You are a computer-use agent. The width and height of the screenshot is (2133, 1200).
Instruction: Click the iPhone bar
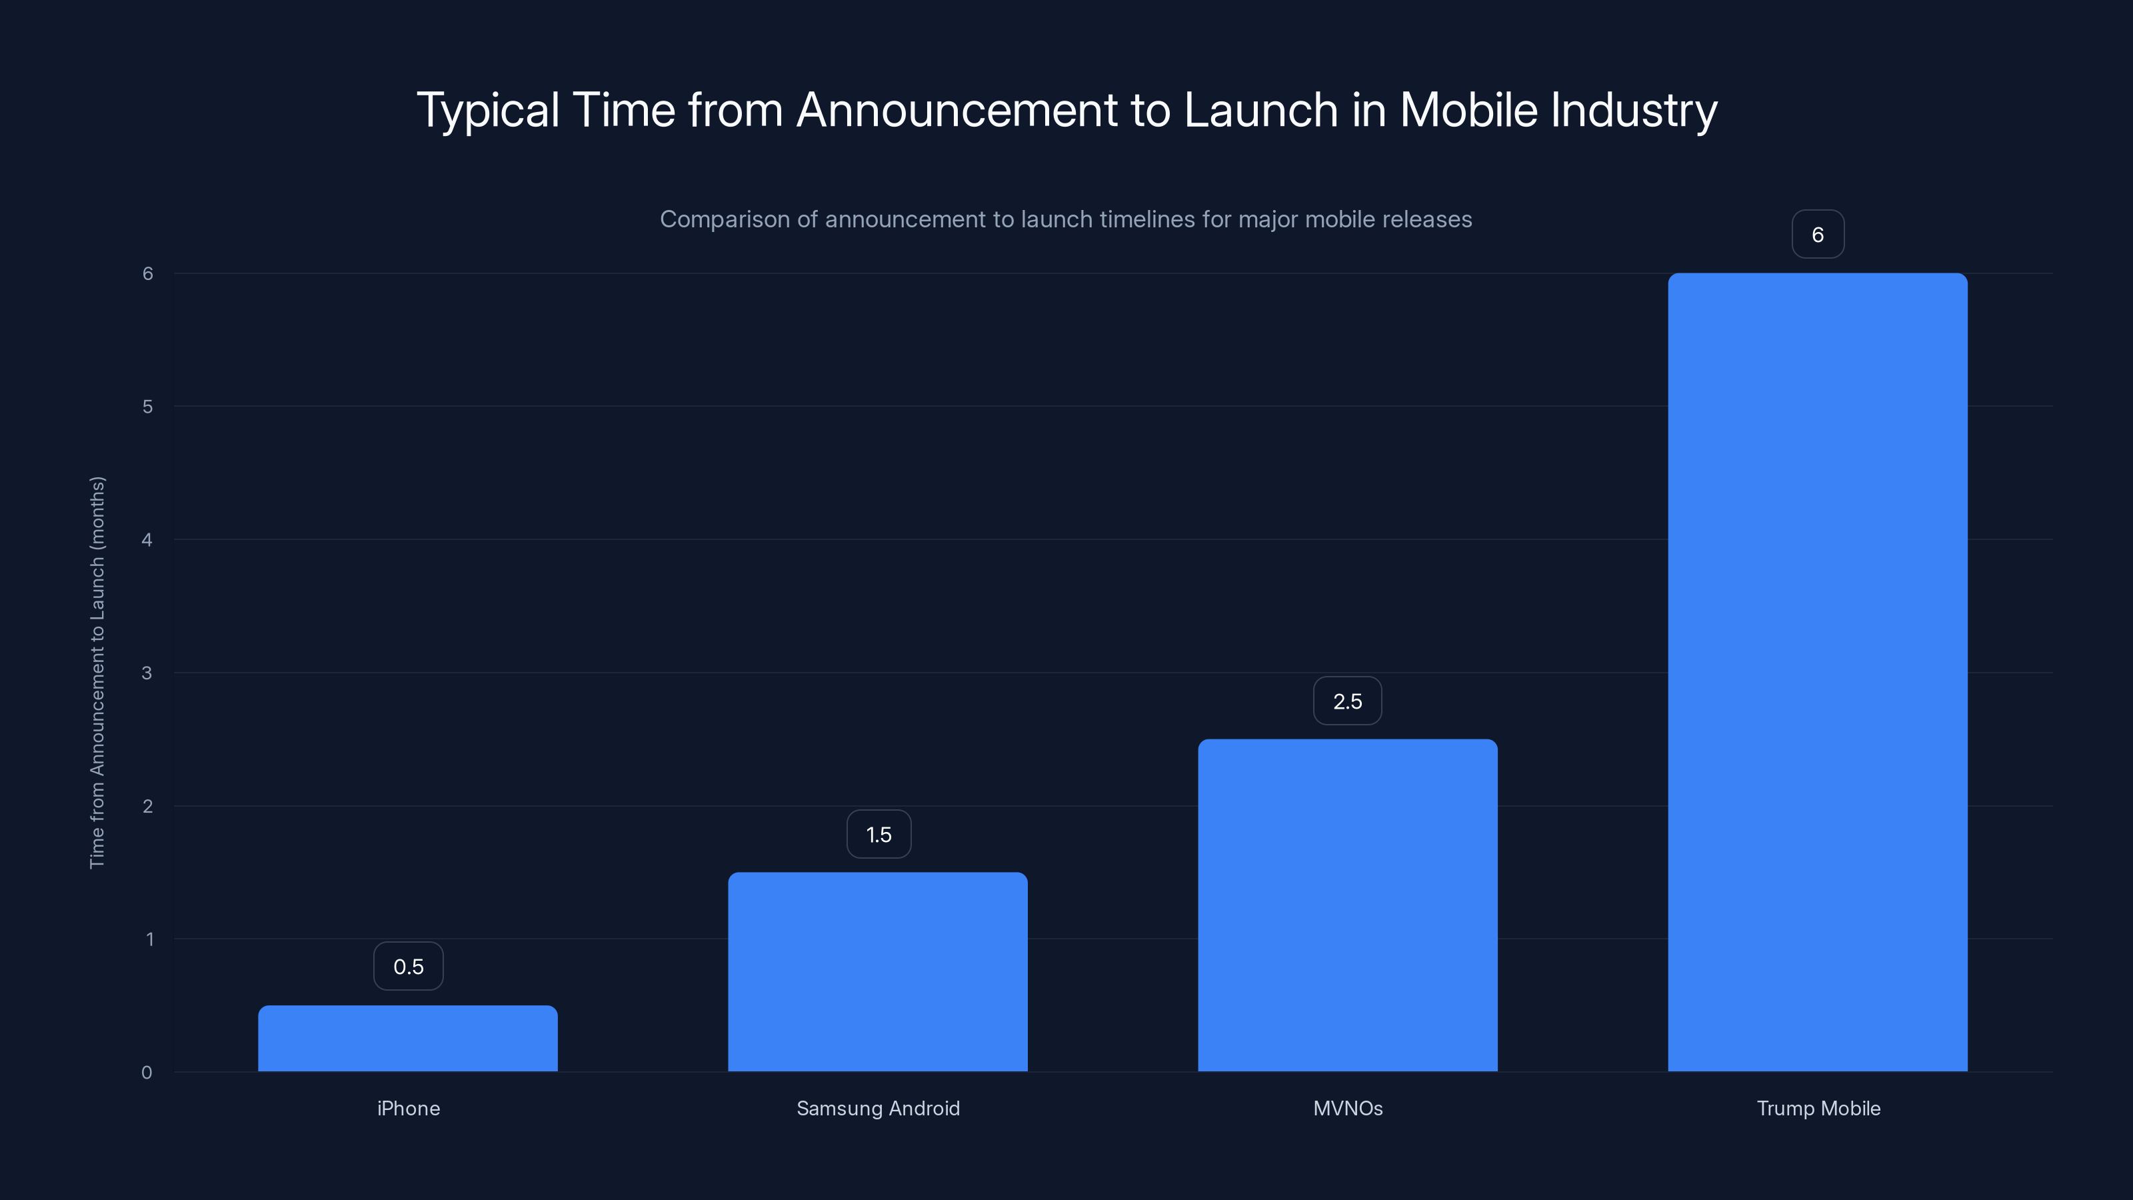(407, 1039)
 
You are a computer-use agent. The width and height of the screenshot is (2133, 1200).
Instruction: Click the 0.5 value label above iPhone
(408, 967)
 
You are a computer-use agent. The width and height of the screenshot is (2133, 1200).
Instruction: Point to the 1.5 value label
(879, 834)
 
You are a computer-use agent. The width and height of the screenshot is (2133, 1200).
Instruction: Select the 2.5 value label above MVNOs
(1347, 701)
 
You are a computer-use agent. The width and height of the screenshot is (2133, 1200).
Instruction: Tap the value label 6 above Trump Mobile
(1818, 235)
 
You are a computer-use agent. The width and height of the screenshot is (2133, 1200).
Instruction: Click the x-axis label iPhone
(408, 1108)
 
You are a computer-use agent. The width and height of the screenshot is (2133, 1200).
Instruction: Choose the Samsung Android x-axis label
(878, 1108)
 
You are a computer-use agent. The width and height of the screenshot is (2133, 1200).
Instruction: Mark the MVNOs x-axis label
(1347, 1108)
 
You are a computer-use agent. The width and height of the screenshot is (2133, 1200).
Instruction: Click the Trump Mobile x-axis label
(1818, 1108)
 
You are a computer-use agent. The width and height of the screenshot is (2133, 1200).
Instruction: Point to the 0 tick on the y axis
(147, 1073)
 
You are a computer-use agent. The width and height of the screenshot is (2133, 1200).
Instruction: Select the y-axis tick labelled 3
(147, 673)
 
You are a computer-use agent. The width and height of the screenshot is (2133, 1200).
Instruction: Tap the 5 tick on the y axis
(147, 407)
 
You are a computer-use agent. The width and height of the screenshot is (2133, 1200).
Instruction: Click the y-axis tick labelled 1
(149, 939)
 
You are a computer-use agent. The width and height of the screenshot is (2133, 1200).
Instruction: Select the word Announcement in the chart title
(957, 110)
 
